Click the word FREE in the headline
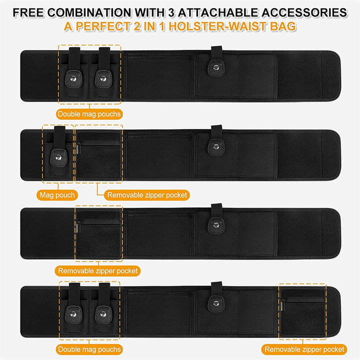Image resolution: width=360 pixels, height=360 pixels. point(28,12)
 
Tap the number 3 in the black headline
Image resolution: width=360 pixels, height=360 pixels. point(171,12)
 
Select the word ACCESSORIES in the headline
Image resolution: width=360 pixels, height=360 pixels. point(304,12)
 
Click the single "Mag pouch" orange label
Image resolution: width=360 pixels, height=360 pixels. point(57,195)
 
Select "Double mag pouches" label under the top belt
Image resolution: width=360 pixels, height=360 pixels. point(89,114)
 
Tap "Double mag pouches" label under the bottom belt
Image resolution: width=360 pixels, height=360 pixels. point(89,349)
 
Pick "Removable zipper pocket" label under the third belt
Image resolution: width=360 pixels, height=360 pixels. point(97,270)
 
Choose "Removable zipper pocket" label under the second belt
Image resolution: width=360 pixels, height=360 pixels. point(147,195)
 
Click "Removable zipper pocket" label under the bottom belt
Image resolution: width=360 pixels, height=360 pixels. point(304,349)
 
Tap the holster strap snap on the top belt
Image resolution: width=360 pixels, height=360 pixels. point(216,67)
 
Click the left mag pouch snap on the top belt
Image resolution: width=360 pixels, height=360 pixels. point(73,79)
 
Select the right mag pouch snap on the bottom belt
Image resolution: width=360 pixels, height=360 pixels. point(103,314)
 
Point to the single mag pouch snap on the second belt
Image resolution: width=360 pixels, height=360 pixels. point(58,157)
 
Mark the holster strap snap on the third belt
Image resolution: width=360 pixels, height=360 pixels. point(216,225)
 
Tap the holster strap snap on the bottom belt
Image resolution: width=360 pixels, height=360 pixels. point(216,303)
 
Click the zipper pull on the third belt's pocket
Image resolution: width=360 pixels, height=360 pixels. point(78,227)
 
